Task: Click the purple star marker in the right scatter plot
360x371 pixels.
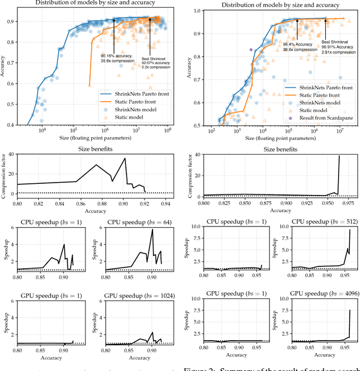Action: click(x=251, y=50)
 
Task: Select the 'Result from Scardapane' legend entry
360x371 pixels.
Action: click(x=319, y=119)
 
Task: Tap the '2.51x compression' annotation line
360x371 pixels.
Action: click(x=337, y=49)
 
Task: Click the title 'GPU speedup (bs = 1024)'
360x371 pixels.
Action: click(x=133, y=296)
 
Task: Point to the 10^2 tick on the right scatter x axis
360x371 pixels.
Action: click(x=211, y=132)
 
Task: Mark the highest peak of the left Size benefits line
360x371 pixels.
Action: click(x=125, y=159)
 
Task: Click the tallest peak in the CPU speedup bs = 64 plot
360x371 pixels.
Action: click(x=152, y=229)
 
